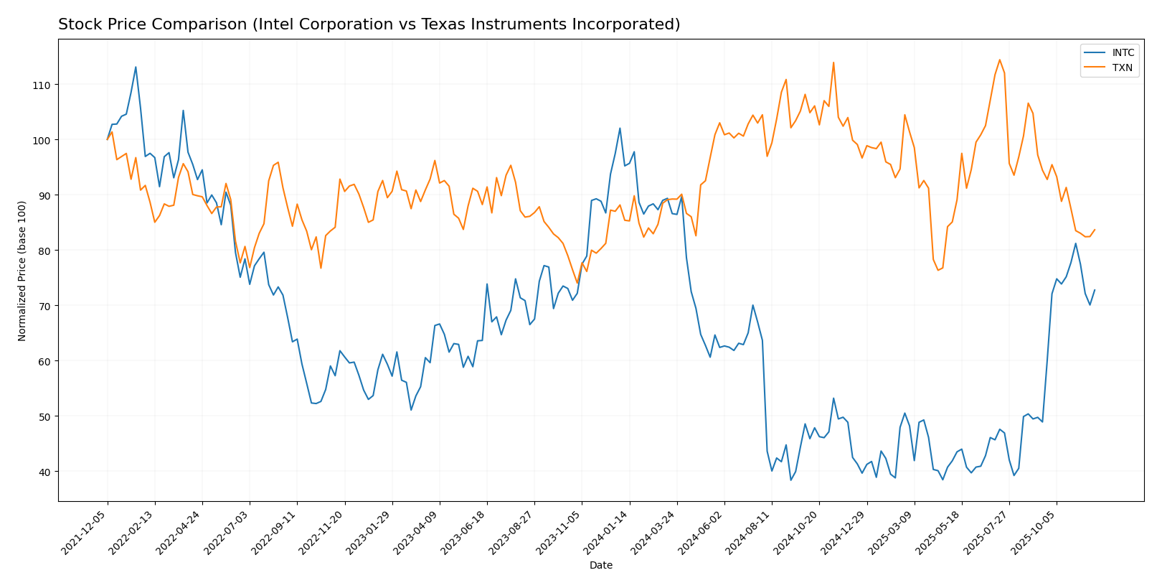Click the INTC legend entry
pyautogui.click(x=1123, y=53)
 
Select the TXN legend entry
pyautogui.click(x=1122, y=67)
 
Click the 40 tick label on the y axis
pyautogui.click(x=44, y=472)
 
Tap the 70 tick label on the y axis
pyautogui.click(x=44, y=306)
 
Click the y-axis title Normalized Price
pyautogui.click(x=22, y=271)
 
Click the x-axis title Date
pyautogui.click(x=601, y=566)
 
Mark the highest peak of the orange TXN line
pyautogui.click(x=1000, y=60)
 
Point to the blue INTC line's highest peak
pyautogui.click(x=136, y=67)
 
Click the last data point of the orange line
pyautogui.click(x=1095, y=230)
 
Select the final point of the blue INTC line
pyautogui.click(x=1095, y=290)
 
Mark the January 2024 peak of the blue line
pyautogui.click(x=620, y=129)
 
